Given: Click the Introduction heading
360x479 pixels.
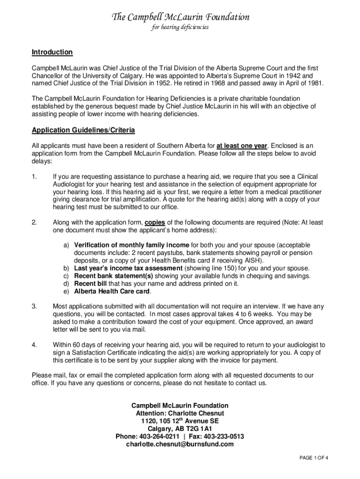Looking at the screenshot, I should [52, 52].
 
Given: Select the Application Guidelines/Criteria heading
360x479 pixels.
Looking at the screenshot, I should [83, 130].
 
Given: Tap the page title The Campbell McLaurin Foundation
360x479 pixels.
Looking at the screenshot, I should [180, 17].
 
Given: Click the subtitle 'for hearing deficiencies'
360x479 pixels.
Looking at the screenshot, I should [180, 27].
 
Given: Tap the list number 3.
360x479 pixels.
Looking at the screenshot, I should [34, 306].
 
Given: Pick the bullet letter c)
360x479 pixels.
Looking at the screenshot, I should [66, 276].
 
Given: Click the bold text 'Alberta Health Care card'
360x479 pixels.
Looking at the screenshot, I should [112, 291].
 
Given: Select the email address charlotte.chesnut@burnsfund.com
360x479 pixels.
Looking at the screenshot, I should [180, 444].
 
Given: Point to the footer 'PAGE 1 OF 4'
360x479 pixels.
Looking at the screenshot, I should [314, 457].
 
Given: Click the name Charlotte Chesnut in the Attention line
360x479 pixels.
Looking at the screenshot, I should [198, 413].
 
